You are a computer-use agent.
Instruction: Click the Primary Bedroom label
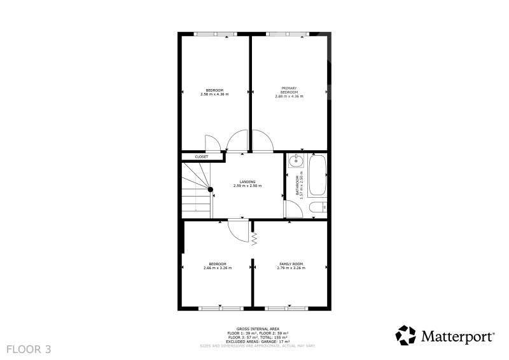[x=289, y=90]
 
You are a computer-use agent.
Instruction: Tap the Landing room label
[x=248, y=182]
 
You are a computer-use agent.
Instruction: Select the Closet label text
[x=202, y=157]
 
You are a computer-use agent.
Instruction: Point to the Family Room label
[x=291, y=264]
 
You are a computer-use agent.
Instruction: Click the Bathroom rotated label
[x=297, y=185]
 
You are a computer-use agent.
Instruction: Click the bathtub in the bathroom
[x=317, y=176]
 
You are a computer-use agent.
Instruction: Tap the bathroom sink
[x=295, y=161]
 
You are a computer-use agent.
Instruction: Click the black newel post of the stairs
[x=211, y=190]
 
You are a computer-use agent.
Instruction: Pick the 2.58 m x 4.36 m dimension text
[x=214, y=94]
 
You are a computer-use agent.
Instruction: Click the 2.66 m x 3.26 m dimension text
[x=218, y=268]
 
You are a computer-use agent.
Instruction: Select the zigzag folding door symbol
[x=254, y=239]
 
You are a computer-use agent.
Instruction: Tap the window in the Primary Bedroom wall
[x=288, y=34]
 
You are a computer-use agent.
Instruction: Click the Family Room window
[x=286, y=308]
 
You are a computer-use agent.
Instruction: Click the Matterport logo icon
[x=405, y=335]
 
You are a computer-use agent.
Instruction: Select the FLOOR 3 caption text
[x=29, y=349]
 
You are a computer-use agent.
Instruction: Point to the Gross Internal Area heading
[x=258, y=329]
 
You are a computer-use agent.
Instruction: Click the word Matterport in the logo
[x=458, y=336]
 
